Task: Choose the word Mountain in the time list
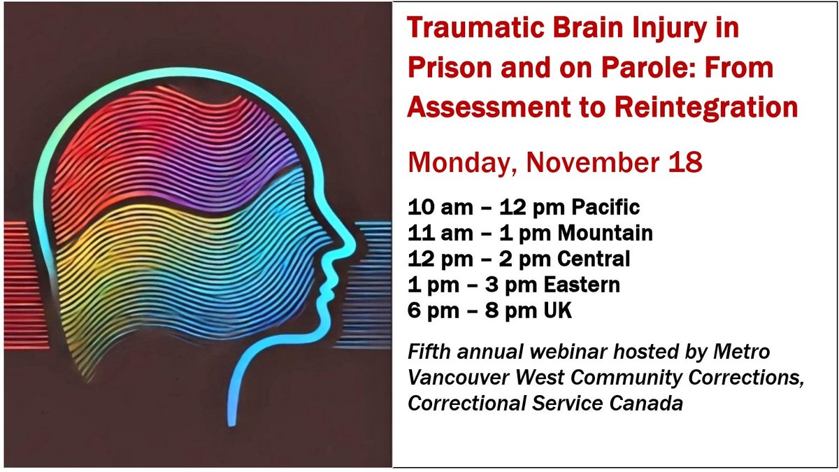(611, 233)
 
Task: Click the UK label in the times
(557, 310)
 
